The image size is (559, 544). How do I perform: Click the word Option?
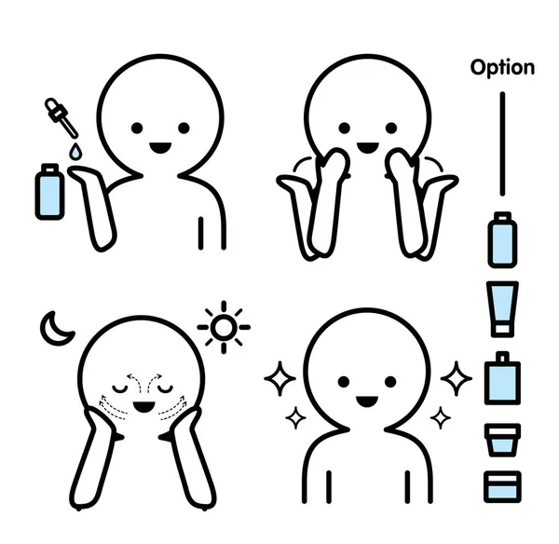tap(502, 67)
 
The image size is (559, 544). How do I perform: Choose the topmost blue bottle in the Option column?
tap(502, 240)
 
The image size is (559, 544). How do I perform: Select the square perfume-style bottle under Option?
tap(502, 377)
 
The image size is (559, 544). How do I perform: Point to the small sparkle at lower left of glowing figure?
tap(295, 418)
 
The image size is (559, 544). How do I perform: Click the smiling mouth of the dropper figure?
tap(160, 147)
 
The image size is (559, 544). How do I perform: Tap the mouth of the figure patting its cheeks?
tap(368, 147)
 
